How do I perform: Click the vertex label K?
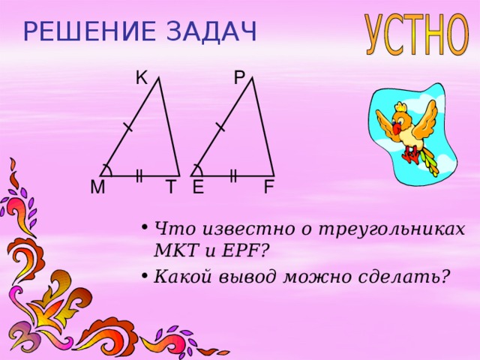click(x=141, y=77)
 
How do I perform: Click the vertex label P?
click(x=239, y=77)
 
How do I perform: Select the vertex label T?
click(x=171, y=187)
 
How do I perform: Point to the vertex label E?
click(x=198, y=187)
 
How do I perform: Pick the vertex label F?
click(x=268, y=187)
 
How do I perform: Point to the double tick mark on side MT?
click(x=139, y=176)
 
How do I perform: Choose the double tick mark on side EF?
click(x=233, y=176)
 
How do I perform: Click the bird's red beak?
click(x=397, y=128)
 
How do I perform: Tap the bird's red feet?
click(x=412, y=155)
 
